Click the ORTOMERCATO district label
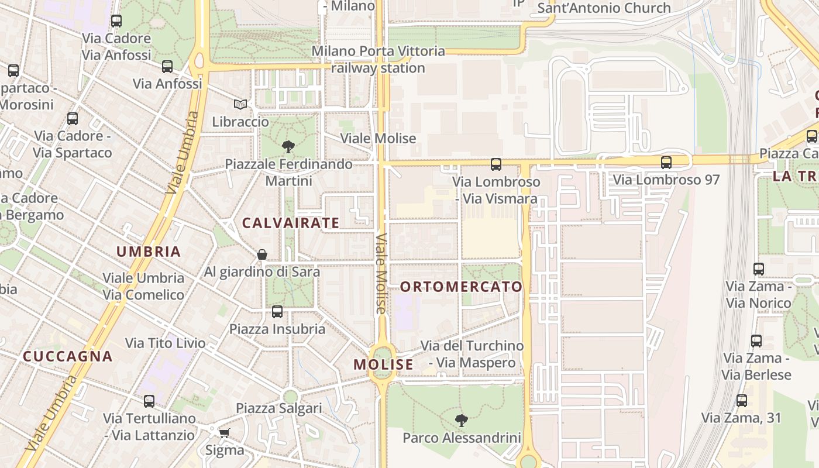point(461,287)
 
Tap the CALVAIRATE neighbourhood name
point(291,223)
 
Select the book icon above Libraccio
point(240,104)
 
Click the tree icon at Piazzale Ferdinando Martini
point(288,146)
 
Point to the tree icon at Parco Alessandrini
point(462,419)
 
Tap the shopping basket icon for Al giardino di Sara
point(262,254)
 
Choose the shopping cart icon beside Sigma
point(224,433)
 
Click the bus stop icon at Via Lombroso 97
point(666,162)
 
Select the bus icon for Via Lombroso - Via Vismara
point(496,164)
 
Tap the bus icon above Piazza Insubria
point(277,311)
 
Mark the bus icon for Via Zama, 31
point(742,401)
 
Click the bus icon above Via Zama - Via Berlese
point(756,340)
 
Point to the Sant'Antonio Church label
point(604,8)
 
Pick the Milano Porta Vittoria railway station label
point(378,60)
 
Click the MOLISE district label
point(383,364)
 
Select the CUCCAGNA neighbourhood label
point(67,356)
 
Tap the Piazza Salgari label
point(278,408)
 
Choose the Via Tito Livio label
point(166,343)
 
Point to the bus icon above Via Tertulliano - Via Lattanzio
point(149,401)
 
